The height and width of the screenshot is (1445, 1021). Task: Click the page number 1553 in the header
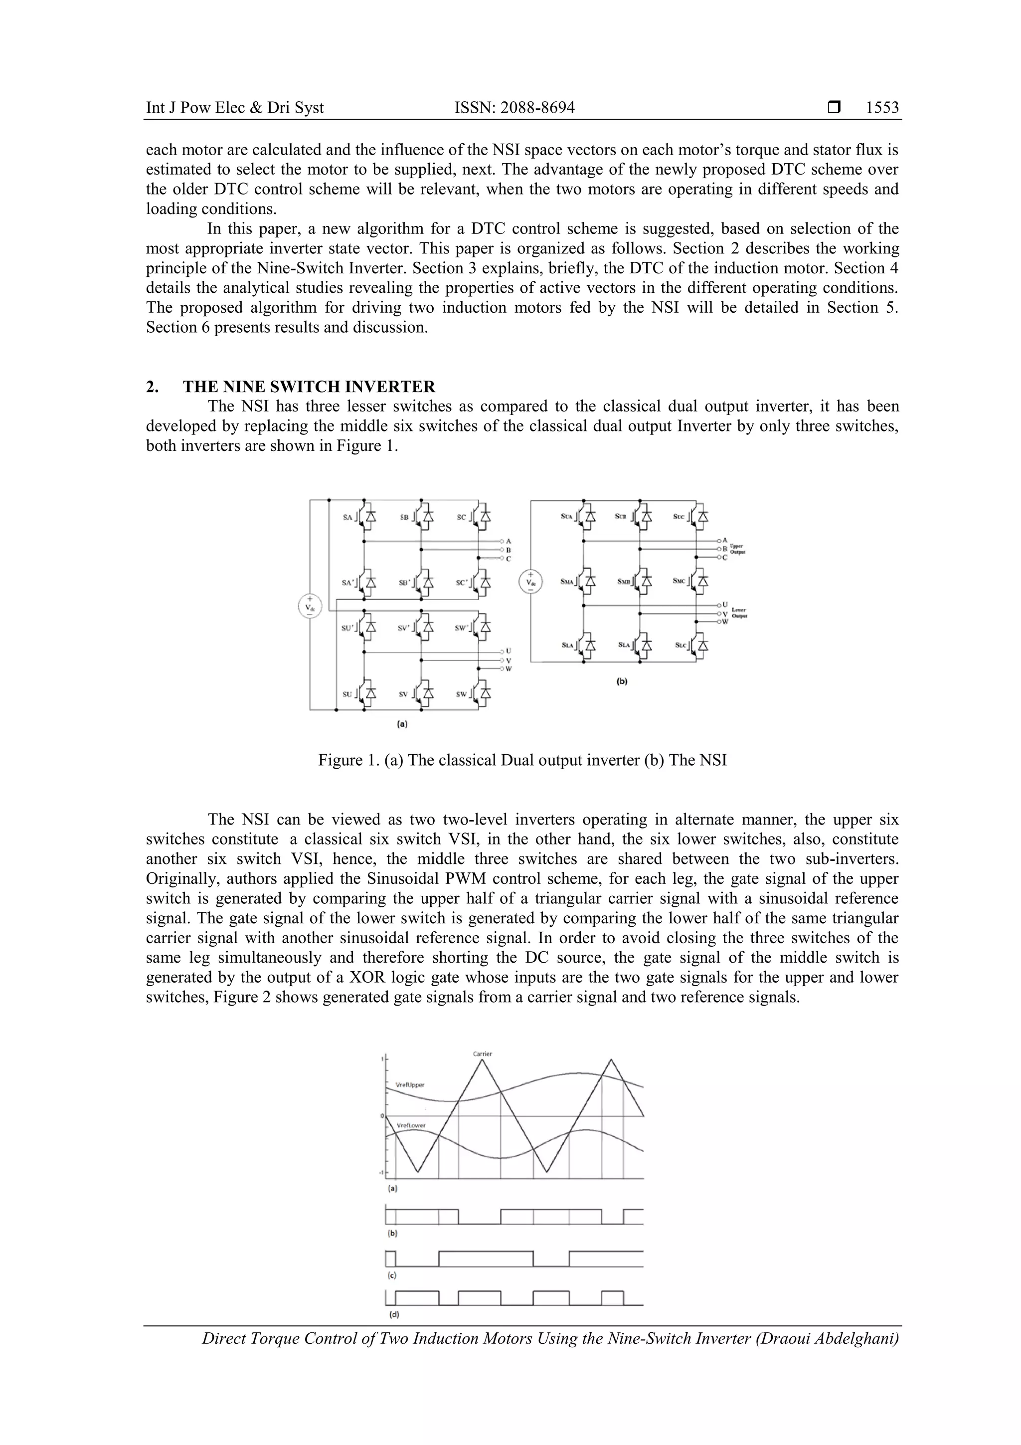882,108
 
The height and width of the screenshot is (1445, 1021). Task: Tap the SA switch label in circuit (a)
348,517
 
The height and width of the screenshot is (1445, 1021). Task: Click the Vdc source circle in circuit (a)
310,607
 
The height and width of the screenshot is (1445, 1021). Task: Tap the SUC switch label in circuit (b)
679,517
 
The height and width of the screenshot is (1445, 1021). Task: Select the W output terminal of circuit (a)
509,668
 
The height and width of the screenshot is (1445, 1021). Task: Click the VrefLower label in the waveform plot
411,1125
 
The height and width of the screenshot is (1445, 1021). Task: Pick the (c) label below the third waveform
391,1276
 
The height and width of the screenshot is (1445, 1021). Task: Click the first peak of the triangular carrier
483,1060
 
